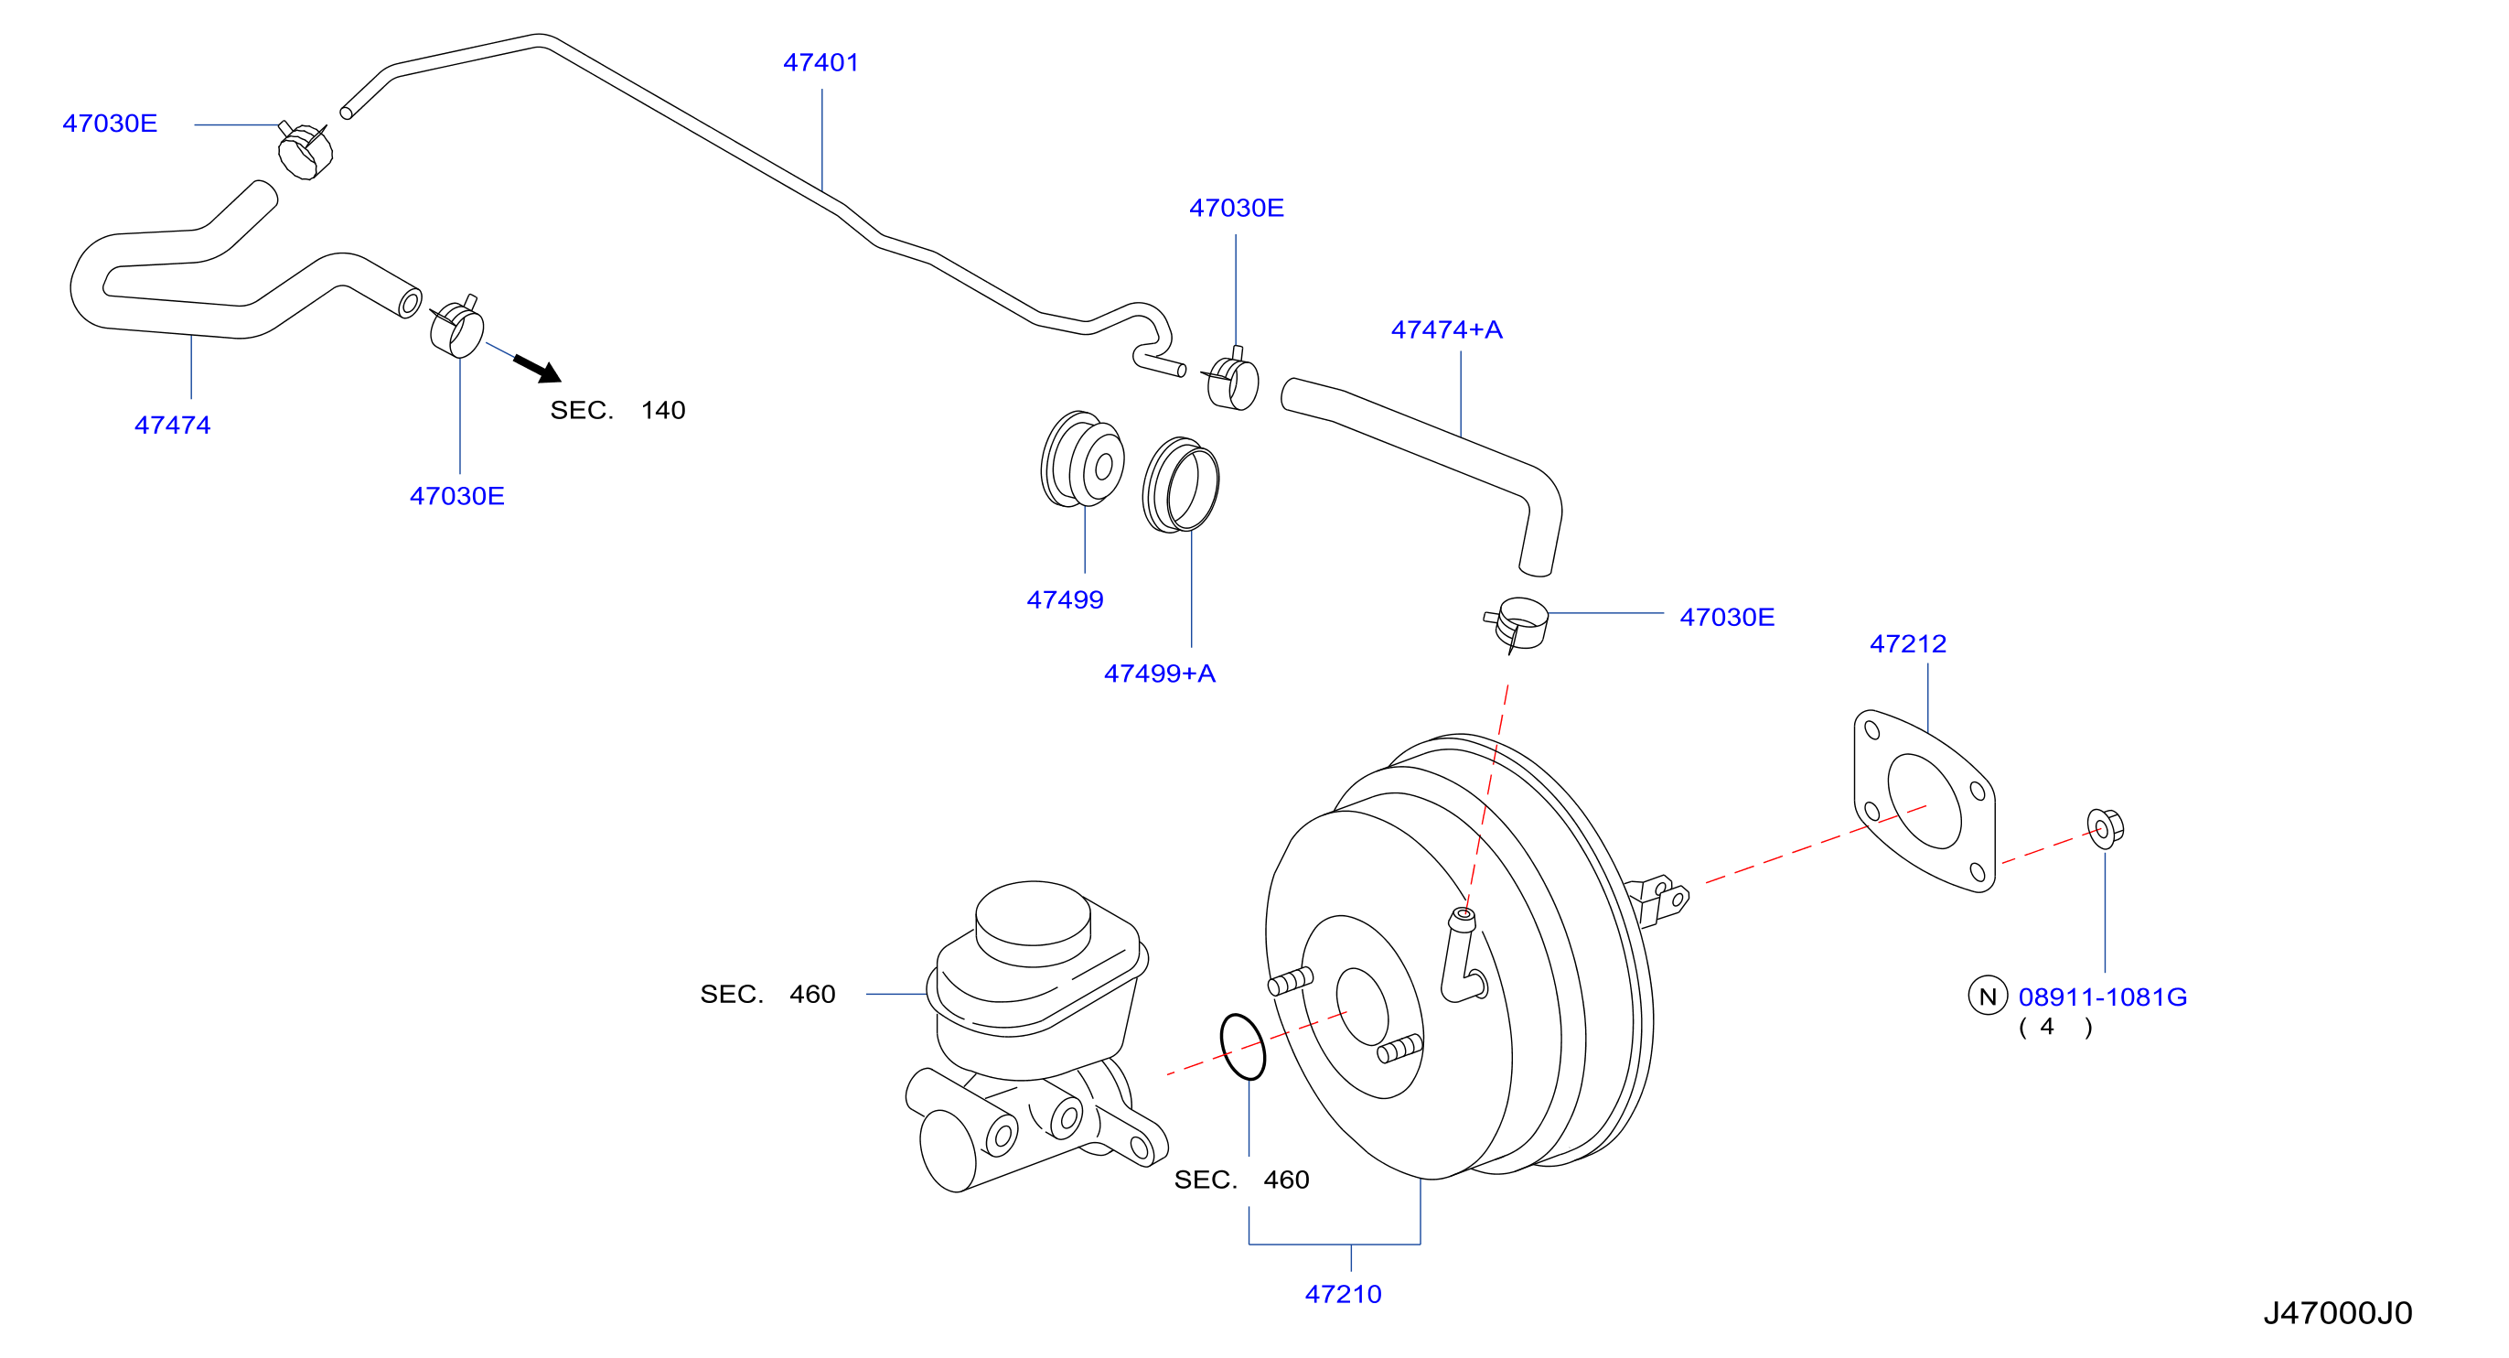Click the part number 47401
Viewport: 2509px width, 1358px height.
click(x=821, y=62)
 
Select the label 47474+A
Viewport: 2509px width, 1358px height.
click(x=1446, y=329)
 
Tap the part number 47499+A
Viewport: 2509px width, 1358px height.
click(x=1159, y=674)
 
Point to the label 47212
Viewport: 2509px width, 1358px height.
click(x=1907, y=643)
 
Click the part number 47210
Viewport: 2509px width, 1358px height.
click(x=1343, y=1294)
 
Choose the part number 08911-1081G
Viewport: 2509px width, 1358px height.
click(x=2103, y=997)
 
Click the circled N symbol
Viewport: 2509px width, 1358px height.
click(x=1988, y=996)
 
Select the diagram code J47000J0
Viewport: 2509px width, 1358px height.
click(x=2338, y=1312)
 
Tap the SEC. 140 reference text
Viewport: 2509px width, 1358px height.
click(x=617, y=410)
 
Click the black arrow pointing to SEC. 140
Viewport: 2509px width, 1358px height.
click(x=537, y=368)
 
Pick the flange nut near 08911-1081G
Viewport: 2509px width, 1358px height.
click(x=2105, y=828)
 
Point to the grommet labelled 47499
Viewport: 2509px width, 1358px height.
click(x=1082, y=458)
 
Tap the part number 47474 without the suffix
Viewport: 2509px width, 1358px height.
click(x=172, y=425)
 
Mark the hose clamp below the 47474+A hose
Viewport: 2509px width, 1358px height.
click(x=1517, y=623)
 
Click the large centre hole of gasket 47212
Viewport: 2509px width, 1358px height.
click(x=1924, y=801)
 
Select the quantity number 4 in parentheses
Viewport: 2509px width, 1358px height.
click(x=2046, y=1027)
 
